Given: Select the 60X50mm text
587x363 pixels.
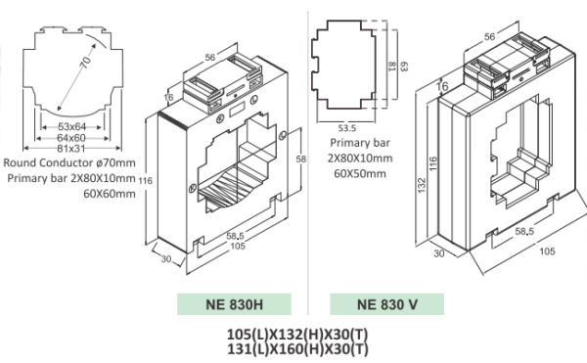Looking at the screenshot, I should [x=354, y=173].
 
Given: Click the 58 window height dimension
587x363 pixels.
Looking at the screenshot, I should [x=301, y=158].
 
